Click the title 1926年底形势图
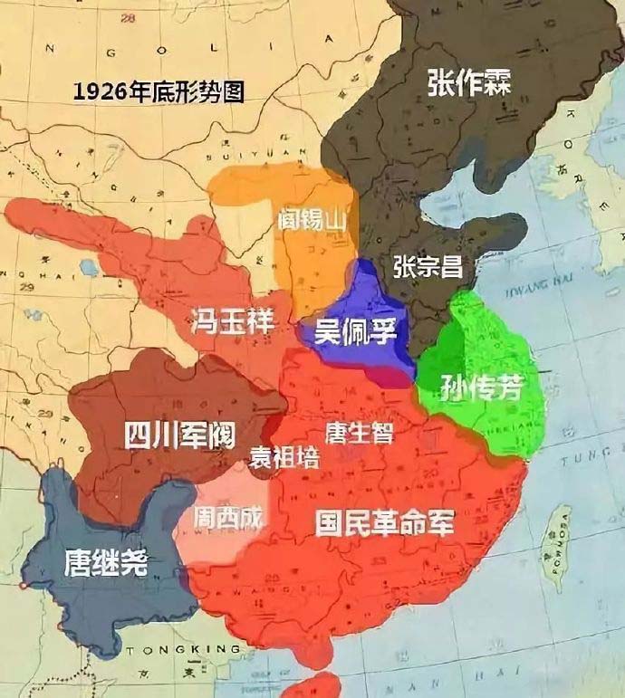point(159,91)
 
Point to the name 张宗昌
point(428,266)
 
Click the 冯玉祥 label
point(231,320)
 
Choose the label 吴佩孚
point(356,330)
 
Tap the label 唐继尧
point(106,563)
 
